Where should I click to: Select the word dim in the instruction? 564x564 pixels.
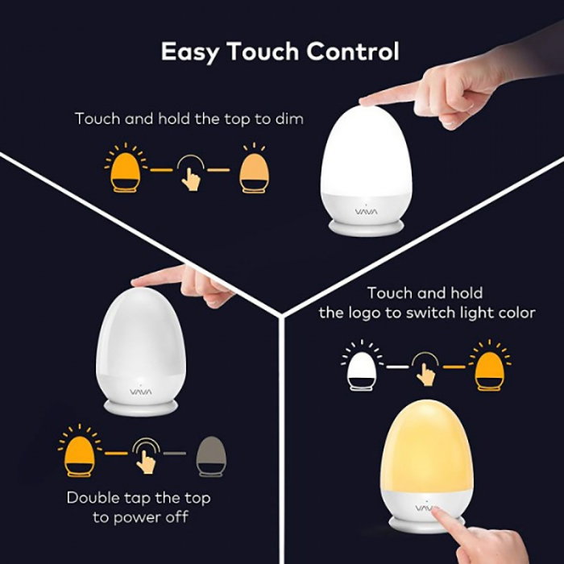pos(289,118)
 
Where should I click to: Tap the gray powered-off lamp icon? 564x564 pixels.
pos(214,455)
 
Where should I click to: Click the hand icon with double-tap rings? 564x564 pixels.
pos(146,454)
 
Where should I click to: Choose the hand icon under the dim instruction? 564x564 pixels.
pos(190,170)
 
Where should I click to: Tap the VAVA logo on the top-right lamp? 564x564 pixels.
pos(366,212)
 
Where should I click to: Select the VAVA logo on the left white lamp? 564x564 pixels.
pos(139,391)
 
